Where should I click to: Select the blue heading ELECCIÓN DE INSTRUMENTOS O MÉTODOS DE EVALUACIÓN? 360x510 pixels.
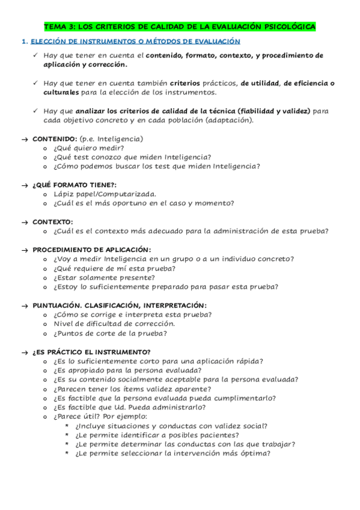pyautogui.click(x=135, y=41)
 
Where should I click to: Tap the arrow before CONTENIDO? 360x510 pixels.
pyautogui.click(x=24, y=139)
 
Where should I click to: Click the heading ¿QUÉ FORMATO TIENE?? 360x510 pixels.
pyautogui.click(x=75, y=185)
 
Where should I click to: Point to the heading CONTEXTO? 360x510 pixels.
pyautogui.click(x=53, y=222)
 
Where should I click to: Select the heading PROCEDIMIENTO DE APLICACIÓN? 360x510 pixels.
pyautogui.click(x=92, y=250)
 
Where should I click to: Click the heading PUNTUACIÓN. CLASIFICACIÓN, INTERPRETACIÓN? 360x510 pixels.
pyautogui.click(x=120, y=305)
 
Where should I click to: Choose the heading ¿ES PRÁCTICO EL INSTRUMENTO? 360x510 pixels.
pyautogui.click(x=91, y=352)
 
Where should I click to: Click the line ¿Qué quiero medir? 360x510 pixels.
pyautogui.click(x=88, y=148)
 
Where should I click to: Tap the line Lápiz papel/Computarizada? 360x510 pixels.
pyautogui.click(x=105, y=194)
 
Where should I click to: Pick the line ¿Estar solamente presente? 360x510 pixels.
pyautogui.click(x=103, y=277)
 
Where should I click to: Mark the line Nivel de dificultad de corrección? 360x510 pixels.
pyautogui.click(x=114, y=324)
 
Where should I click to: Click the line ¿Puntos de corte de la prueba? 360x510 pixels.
pyautogui.click(x=110, y=333)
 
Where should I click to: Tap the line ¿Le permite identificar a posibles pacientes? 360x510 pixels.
pyautogui.click(x=157, y=435)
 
